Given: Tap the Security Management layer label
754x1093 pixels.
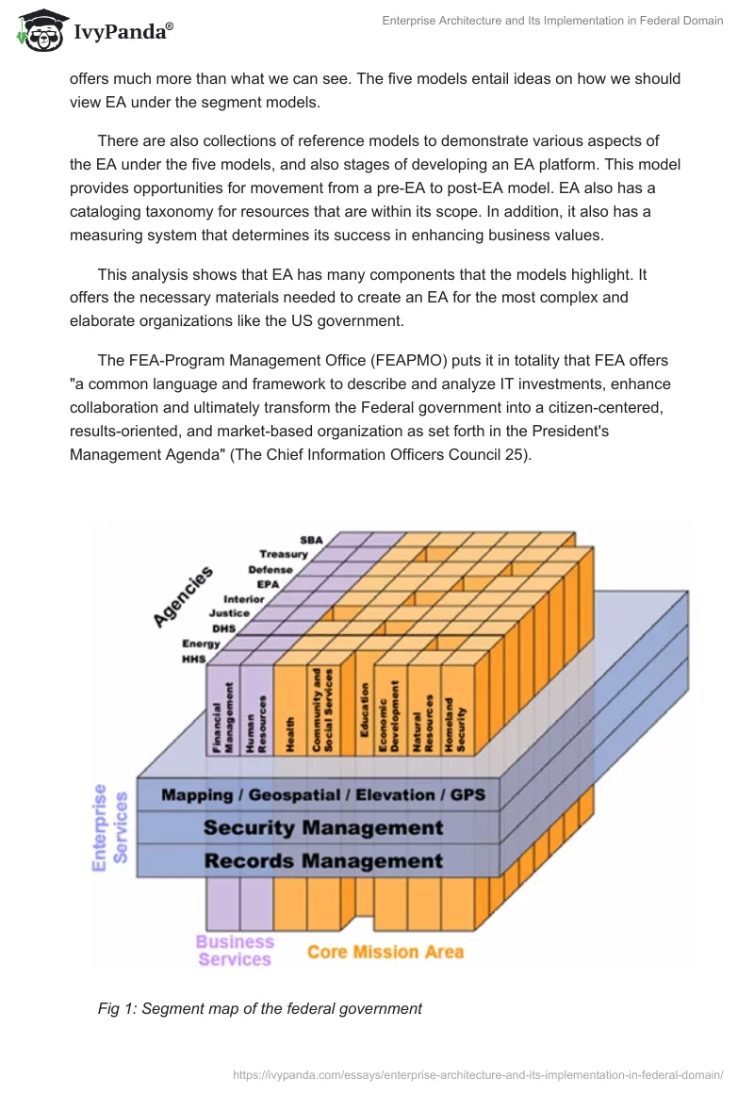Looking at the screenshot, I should tap(323, 828).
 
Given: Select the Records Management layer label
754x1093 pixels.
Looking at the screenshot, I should tap(323, 860).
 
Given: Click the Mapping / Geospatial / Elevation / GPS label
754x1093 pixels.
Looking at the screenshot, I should tap(323, 795).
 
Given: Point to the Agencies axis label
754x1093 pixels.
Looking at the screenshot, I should tap(184, 596).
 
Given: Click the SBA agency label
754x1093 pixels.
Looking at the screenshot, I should tap(311, 540).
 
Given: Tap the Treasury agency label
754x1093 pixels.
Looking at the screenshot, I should tap(284, 554).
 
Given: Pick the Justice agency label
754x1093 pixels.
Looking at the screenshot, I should tap(229, 612).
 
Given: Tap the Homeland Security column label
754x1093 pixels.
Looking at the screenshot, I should tap(455, 722).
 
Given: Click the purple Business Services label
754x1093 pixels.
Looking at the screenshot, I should tap(235, 951).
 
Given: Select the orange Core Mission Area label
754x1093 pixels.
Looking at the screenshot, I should tap(385, 952).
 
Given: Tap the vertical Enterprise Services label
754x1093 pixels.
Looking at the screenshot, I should tap(110, 827).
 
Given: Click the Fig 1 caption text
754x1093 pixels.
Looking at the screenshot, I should tap(260, 1008).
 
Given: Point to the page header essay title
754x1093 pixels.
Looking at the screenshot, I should tap(552, 21).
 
